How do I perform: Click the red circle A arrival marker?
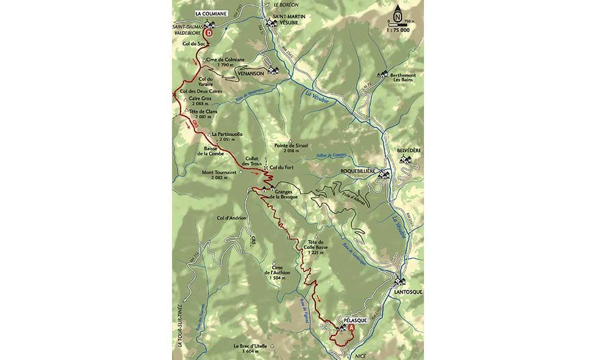351,328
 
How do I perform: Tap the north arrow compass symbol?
398,13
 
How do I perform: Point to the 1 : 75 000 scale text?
398,30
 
